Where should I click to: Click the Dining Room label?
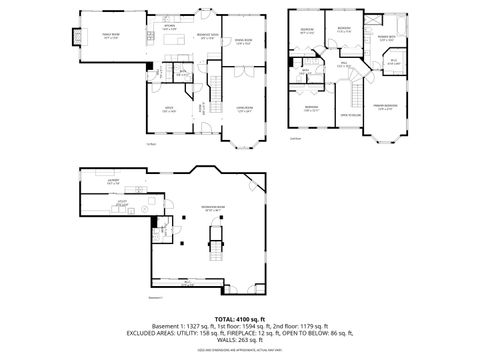(243, 40)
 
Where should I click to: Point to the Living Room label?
(243, 111)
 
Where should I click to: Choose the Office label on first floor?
(169, 110)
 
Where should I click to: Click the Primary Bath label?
(385, 38)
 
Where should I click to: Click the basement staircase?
(213, 245)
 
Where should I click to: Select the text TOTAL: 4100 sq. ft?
(240, 318)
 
